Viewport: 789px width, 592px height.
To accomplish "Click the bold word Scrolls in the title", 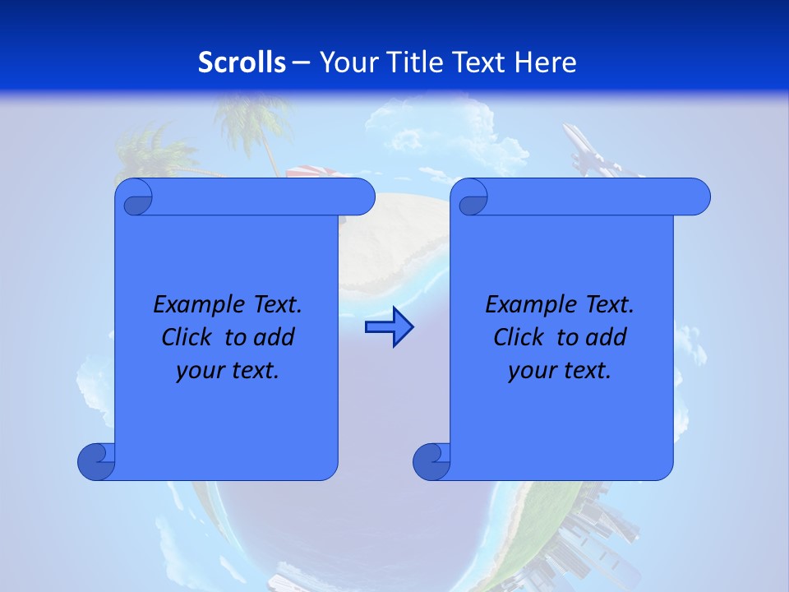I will click(242, 62).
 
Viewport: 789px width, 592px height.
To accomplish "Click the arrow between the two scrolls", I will click(389, 327).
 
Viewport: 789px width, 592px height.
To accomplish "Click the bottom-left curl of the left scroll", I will click(95, 461).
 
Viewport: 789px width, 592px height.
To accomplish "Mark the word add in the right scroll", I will click(607, 337).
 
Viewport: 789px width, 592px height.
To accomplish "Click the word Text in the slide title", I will click(479, 62).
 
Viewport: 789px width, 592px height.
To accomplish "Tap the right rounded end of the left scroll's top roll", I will click(362, 197).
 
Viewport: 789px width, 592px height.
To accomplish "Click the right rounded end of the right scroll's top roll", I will click(697, 197).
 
